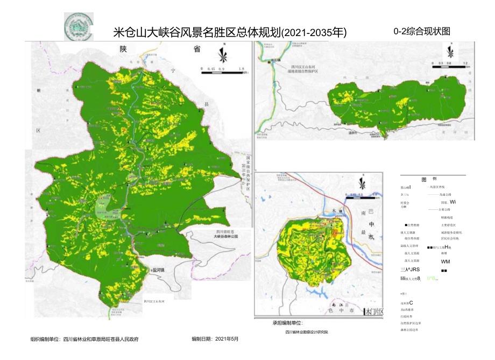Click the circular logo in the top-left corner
coord(78,26)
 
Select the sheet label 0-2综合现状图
coord(421,31)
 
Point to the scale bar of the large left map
coord(222,69)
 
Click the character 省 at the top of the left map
coord(196,50)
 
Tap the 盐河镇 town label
coord(161,270)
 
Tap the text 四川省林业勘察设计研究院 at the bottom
coord(307,332)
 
